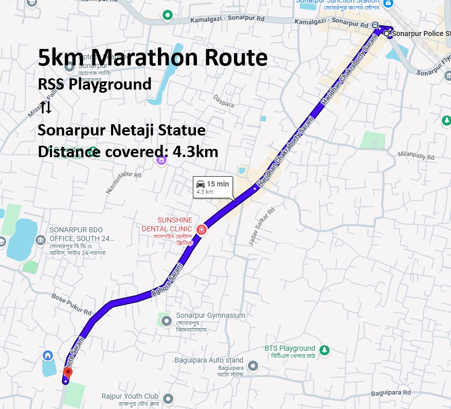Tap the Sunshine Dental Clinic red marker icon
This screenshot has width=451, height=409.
(202, 229)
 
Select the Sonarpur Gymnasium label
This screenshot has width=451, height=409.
(210, 315)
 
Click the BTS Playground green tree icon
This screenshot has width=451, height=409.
(324, 350)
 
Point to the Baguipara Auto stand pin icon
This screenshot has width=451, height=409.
(252, 366)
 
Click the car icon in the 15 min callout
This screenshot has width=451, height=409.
(201, 184)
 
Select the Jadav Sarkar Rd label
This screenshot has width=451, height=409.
(262, 227)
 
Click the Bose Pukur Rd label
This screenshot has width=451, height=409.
(71, 304)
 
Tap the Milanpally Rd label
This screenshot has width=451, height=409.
(418, 155)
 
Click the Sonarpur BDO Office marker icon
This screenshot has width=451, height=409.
(41, 240)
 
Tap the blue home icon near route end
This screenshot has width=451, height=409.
(48, 355)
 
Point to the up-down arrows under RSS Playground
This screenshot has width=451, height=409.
(46, 107)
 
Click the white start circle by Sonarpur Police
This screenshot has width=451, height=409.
(387, 33)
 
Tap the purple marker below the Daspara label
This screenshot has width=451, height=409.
(161, 160)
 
